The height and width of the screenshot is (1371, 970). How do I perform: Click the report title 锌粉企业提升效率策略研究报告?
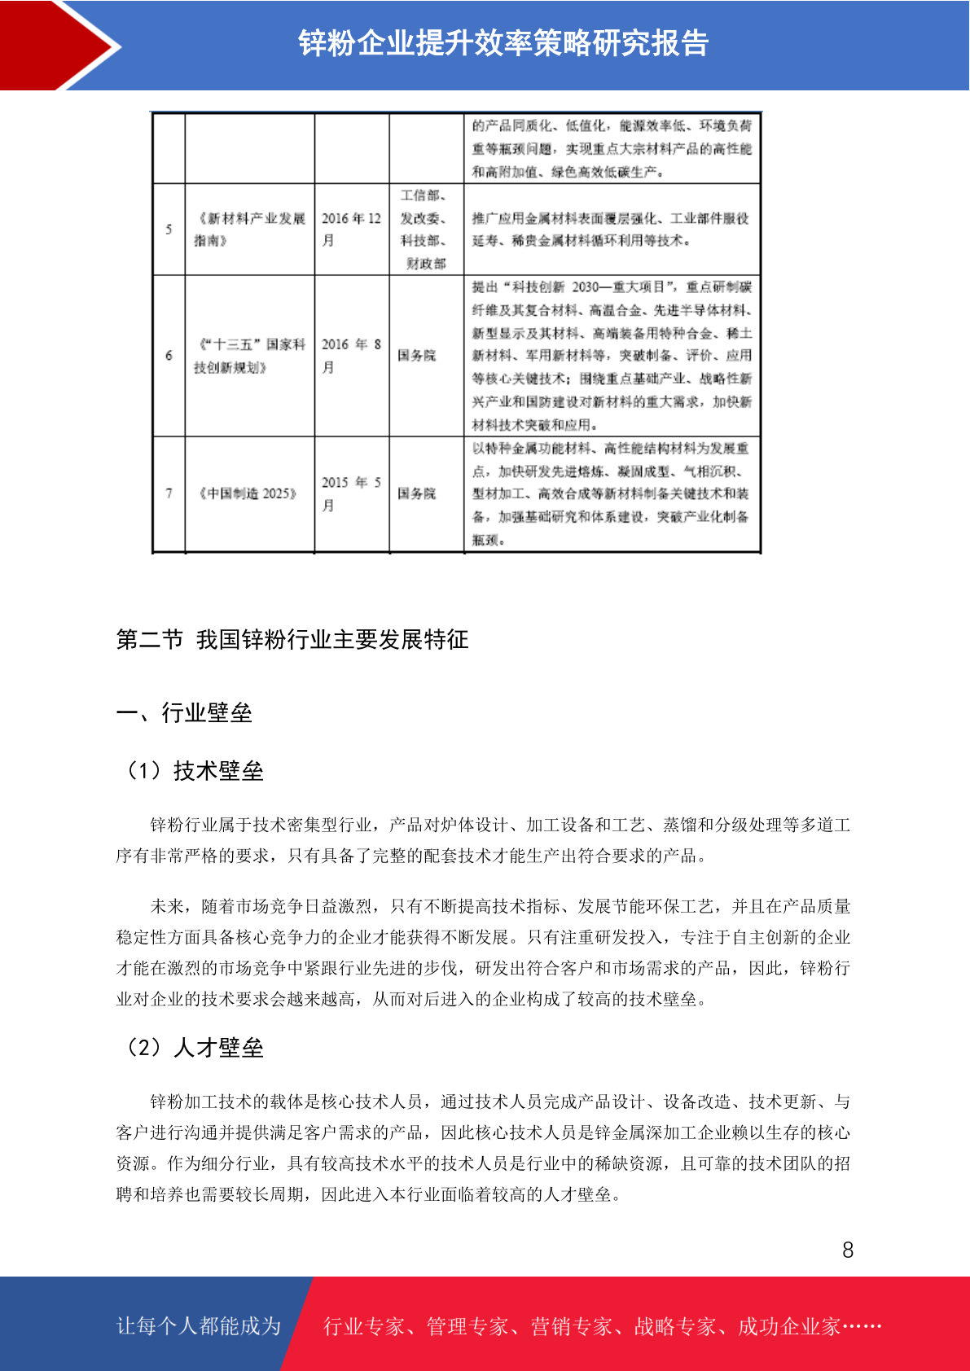click(503, 43)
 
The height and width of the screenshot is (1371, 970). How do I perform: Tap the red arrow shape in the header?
click(57, 45)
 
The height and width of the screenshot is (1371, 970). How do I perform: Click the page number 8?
click(848, 1251)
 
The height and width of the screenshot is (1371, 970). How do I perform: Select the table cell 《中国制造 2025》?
click(249, 493)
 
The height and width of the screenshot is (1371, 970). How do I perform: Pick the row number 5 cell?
click(169, 230)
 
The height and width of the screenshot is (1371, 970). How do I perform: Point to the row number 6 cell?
click(169, 355)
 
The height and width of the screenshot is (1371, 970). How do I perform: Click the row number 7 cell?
click(169, 493)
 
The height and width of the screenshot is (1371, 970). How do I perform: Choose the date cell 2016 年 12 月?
click(351, 229)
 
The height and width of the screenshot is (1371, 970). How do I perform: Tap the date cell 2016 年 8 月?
click(351, 355)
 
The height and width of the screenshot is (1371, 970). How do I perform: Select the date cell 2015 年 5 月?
click(351, 493)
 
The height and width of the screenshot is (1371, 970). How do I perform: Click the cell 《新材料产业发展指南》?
click(249, 229)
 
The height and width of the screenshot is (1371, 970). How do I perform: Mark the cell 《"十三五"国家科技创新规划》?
click(249, 356)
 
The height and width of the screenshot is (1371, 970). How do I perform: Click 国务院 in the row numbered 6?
click(417, 356)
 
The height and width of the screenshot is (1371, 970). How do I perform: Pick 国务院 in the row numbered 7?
click(417, 493)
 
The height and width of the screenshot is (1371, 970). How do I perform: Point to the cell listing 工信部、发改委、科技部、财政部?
click(425, 229)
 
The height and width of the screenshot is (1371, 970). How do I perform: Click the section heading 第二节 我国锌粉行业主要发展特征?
click(292, 640)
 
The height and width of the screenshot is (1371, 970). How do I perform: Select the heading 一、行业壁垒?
click(184, 713)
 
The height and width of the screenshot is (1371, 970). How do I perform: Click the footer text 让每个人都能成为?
click(199, 1326)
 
